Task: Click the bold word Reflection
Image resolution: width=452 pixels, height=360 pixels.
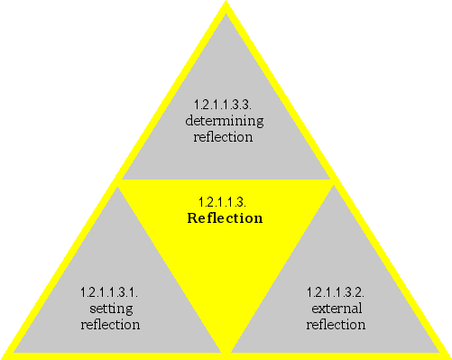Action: click(x=225, y=218)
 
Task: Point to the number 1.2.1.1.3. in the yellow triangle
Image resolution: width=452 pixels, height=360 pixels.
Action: click(x=222, y=201)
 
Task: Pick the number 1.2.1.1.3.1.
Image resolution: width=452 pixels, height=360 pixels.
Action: click(x=109, y=292)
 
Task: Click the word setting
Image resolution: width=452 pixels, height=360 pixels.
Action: click(x=111, y=309)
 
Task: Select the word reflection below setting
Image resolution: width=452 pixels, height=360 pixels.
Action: click(x=110, y=325)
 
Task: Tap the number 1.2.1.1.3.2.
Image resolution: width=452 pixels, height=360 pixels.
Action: click(x=336, y=292)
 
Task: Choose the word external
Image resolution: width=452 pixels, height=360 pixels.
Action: click(x=336, y=309)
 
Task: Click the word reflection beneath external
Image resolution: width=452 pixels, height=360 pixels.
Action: click(x=336, y=325)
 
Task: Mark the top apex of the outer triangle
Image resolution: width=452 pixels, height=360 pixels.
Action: click(x=226, y=4)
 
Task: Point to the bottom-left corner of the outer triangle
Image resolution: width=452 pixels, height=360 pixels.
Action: click(x=4, y=355)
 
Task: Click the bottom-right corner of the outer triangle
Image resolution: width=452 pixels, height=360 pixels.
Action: click(x=447, y=355)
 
